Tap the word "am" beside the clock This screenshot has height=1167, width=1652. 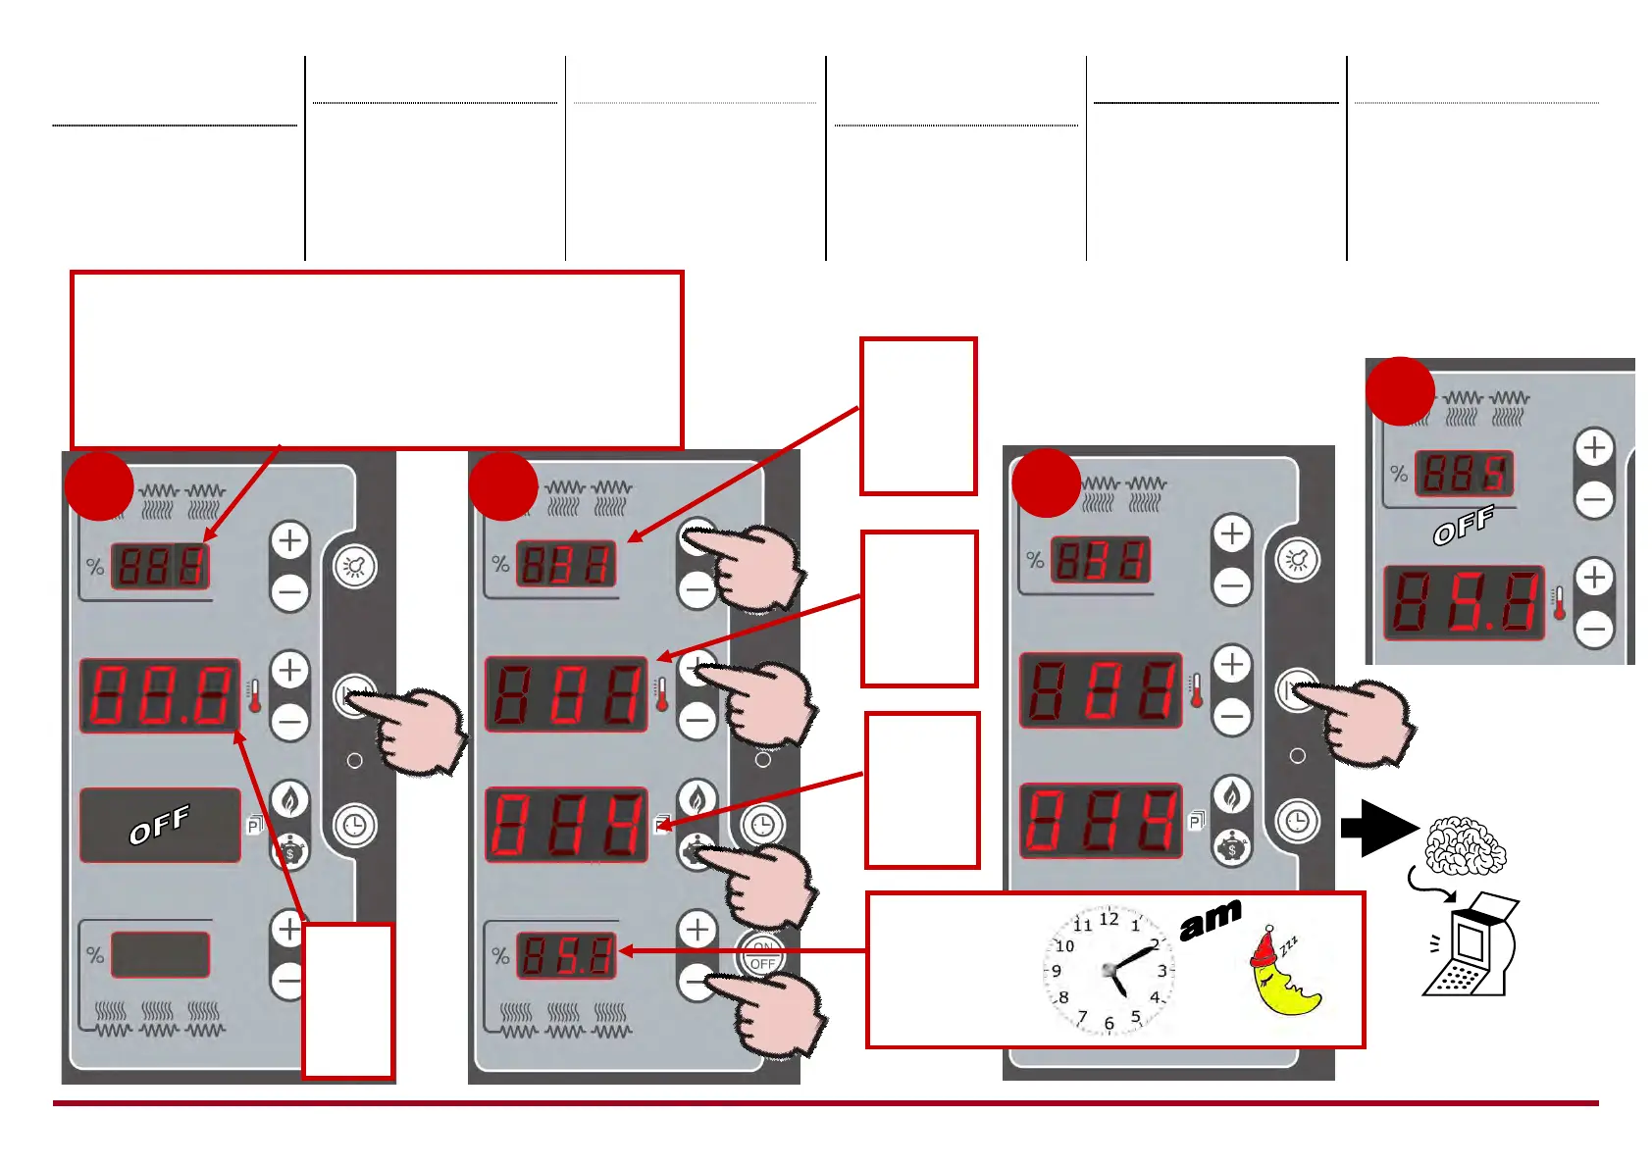[x=1211, y=921]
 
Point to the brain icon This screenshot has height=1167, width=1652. [x=1465, y=846]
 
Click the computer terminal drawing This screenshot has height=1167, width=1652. [x=1471, y=946]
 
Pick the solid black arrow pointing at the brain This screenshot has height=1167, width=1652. [x=1377, y=828]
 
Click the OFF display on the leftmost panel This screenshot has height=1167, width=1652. [x=160, y=826]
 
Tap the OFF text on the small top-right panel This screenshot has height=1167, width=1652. [x=1464, y=526]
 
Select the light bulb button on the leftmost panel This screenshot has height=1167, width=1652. [x=354, y=567]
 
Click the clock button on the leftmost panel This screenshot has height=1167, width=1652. [x=354, y=825]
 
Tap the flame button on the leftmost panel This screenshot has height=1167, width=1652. [x=289, y=800]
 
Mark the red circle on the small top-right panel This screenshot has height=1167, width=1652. [x=1400, y=390]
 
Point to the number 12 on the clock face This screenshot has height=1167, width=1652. [x=1109, y=919]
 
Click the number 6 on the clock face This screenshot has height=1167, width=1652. [x=1110, y=1023]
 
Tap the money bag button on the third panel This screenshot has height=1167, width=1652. [x=1231, y=847]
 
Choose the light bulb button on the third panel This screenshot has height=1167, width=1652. [x=1298, y=560]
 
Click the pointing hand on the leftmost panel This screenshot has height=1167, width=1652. [x=412, y=727]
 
